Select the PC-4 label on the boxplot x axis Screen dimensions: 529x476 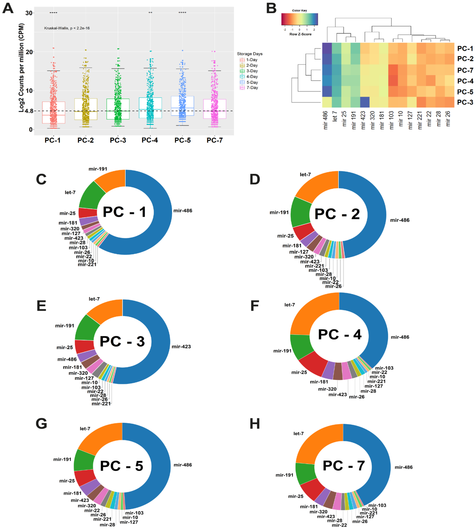click(x=150, y=140)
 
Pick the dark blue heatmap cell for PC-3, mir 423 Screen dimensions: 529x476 click(x=365, y=102)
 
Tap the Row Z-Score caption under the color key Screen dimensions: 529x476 click(x=300, y=34)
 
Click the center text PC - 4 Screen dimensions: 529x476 click(x=339, y=335)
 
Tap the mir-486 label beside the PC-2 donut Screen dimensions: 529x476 click(x=400, y=220)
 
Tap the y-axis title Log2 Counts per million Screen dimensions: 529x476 click(x=21, y=68)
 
